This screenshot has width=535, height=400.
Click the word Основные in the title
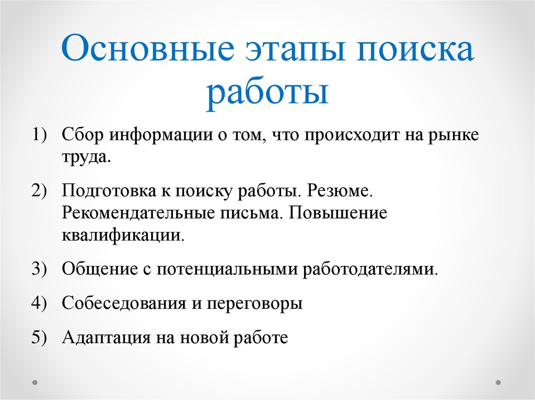click(x=147, y=48)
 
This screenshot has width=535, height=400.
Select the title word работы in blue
click(x=267, y=92)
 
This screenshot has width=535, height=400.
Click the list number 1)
click(x=39, y=134)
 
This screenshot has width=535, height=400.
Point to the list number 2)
click(x=39, y=190)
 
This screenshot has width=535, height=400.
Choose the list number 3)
click(x=39, y=269)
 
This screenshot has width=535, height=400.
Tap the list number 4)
click(x=39, y=302)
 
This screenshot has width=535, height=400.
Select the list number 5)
click(x=39, y=337)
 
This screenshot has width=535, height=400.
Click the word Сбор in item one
click(x=83, y=134)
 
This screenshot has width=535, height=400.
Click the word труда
click(x=86, y=157)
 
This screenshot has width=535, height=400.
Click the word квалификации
click(x=123, y=235)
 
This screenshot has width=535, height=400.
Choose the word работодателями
click(x=370, y=269)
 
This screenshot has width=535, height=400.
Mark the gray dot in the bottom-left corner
click(x=35, y=383)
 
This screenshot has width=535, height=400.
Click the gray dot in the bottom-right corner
click(x=498, y=383)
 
